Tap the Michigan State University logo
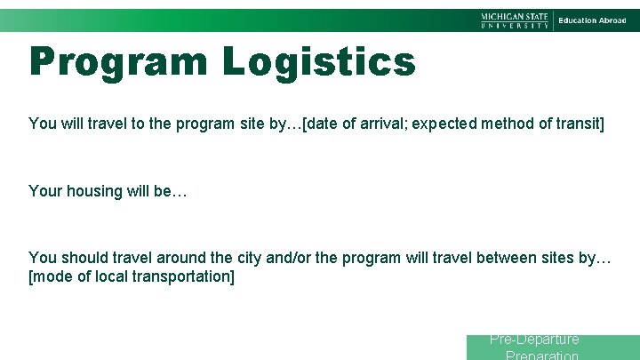click(516, 20)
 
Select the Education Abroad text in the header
click(592, 20)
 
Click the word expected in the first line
click(447, 124)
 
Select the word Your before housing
click(44, 191)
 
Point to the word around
click(181, 258)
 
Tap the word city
click(249, 258)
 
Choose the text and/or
click(288, 258)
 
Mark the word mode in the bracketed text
click(52, 276)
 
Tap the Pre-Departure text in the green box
click(534, 340)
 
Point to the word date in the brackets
click(324, 124)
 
